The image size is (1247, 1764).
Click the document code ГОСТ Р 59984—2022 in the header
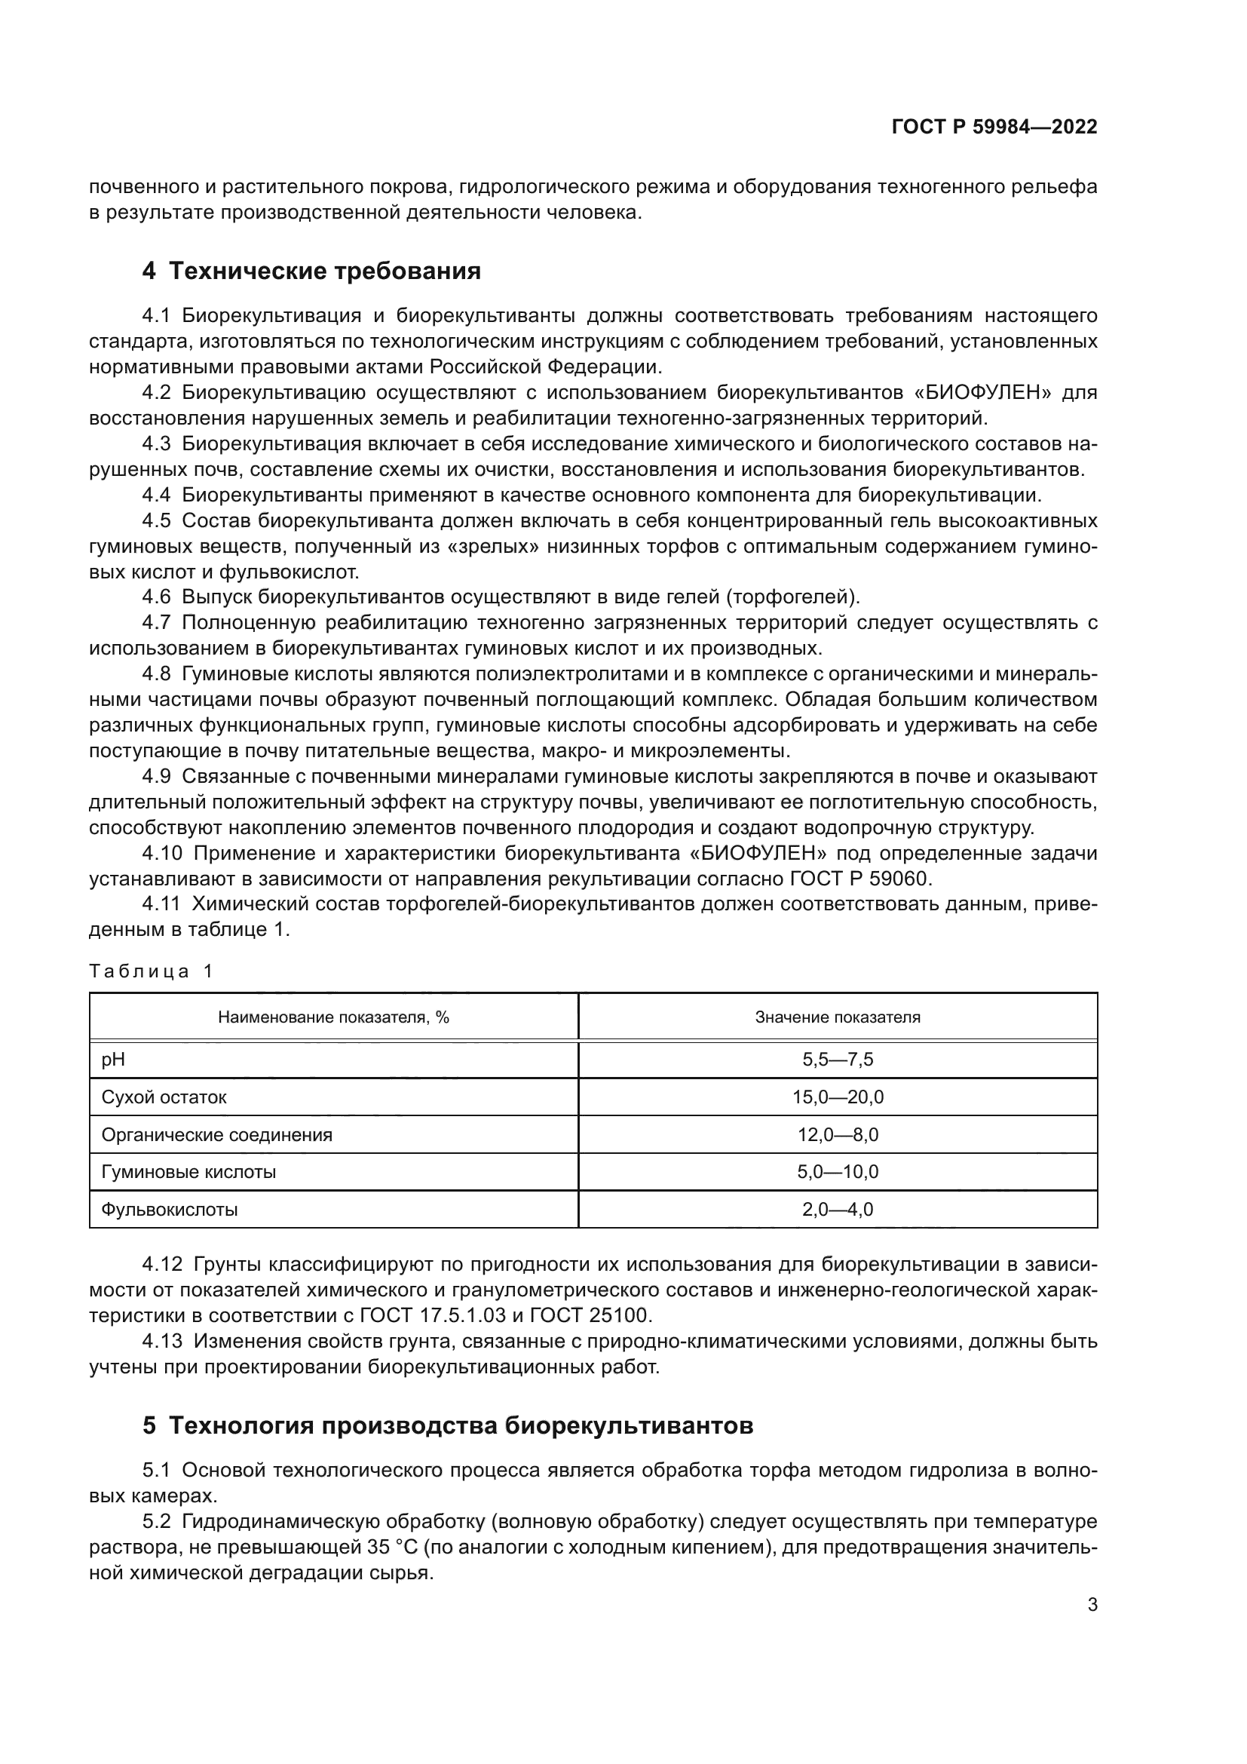click(x=994, y=127)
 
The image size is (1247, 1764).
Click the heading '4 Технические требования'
click(x=312, y=272)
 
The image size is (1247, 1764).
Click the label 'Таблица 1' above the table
click(x=152, y=971)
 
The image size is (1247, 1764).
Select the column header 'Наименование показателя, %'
click(x=333, y=1017)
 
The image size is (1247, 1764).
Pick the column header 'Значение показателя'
click(x=837, y=1017)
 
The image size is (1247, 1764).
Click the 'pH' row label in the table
click(x=113, y=1060)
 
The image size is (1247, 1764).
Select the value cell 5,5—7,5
click(x=837, y=1060)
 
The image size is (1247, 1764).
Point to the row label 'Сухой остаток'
click(x=164, y=1097)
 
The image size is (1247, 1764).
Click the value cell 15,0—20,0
click(x=837, y=1097)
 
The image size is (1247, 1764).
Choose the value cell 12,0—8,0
click(x=837, y=1135)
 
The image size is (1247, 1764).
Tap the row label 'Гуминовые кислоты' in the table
click(x=188, y=1172)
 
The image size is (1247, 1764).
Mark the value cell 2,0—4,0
click(x=837, y=1209)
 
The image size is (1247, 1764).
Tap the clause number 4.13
click(x=162, y=1342)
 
